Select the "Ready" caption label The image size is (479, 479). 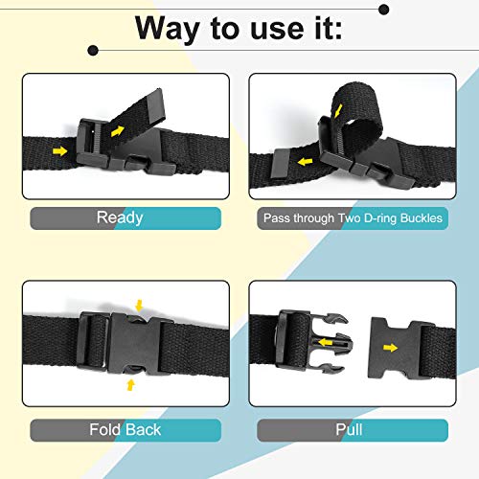(120, 217)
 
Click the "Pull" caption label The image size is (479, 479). (348, 429)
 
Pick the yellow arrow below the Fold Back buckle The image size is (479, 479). (131, 384)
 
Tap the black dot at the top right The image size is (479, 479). (384, 10)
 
